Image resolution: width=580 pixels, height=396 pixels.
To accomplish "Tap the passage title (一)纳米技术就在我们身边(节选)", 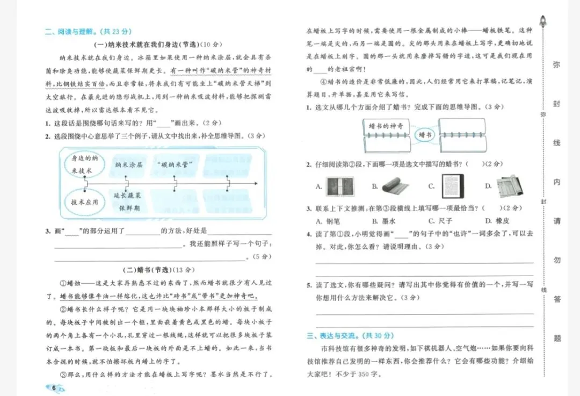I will (159, 45).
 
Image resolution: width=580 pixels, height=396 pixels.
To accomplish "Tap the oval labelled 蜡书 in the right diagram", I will (425, 134).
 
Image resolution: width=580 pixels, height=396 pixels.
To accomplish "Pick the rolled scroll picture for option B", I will (395, 186).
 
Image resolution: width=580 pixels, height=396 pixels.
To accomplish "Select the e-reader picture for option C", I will (451, 186).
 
